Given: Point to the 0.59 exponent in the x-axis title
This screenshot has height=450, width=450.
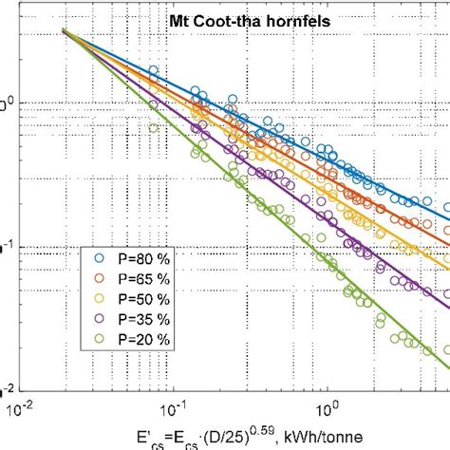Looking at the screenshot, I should coord(236,428).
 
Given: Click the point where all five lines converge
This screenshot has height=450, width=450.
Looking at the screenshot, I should coord(65,31).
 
